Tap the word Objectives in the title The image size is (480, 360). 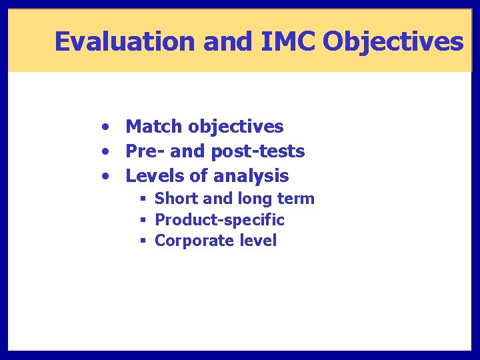point(393,41)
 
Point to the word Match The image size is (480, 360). point(155,126)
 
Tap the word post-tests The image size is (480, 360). point(257,151)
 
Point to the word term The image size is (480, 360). point(297,199)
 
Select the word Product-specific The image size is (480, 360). point(219,220)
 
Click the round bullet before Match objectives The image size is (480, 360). point(106,127)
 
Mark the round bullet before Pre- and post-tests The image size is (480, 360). point(106,152)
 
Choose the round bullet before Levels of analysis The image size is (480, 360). point(106,177)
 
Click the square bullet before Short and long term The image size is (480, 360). point(143,199)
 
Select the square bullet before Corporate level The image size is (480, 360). point(143,241)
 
